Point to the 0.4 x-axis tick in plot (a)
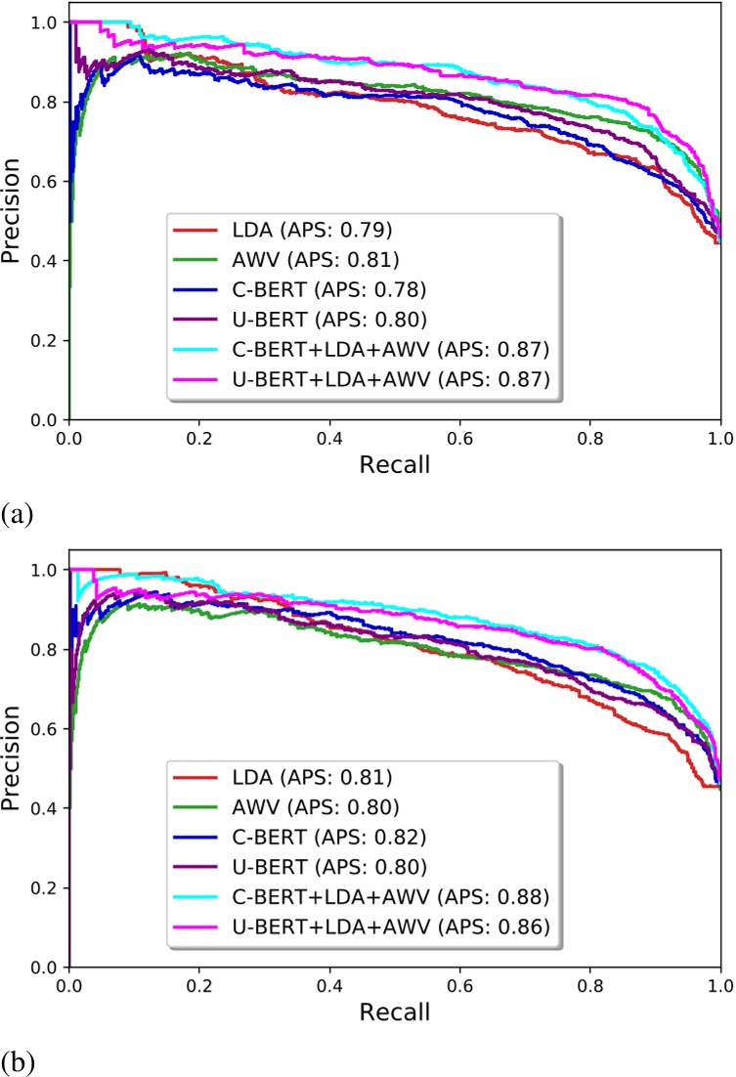329,435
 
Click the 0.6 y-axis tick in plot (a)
44,181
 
